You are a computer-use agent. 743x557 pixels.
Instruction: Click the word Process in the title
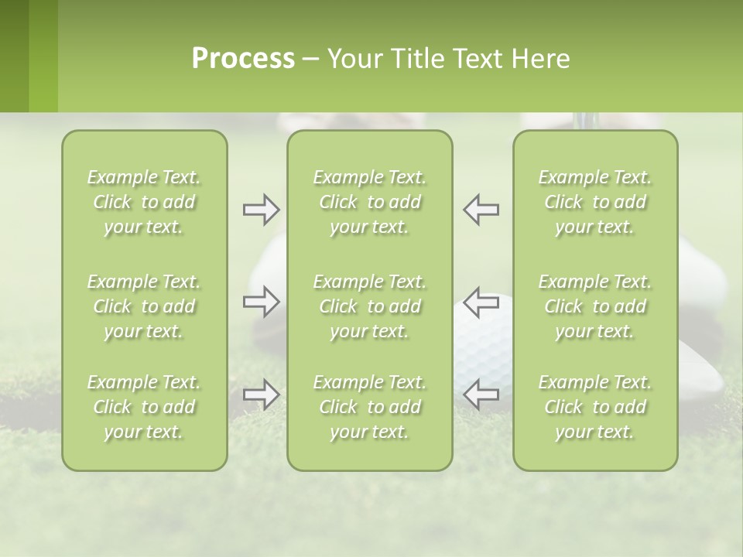243,59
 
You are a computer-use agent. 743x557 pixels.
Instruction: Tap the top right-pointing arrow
261,210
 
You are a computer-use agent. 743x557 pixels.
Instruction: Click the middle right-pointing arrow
261,302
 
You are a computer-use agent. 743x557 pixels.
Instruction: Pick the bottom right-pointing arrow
261,395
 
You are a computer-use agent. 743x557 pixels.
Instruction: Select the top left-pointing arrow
481,210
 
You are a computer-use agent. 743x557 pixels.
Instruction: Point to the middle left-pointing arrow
481,302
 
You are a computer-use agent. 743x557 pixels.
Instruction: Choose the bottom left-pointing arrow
481,395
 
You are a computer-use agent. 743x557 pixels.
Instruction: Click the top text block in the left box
144,202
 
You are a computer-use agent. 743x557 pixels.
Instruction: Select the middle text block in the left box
144,306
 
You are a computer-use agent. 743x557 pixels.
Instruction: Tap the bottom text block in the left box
144,407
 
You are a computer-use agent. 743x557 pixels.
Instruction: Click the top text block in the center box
369,202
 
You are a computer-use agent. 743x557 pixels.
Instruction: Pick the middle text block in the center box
369,306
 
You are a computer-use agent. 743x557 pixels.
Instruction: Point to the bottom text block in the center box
369,407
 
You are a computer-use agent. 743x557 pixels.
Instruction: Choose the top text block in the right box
595,202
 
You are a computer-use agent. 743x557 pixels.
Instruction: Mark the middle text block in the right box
595,306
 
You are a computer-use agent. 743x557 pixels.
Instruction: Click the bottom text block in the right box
595,407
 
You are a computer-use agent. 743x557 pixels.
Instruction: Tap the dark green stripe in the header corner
14,56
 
